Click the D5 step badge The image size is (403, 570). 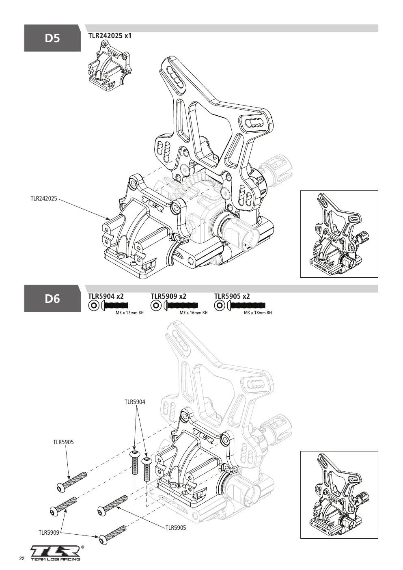(x=52, y=38)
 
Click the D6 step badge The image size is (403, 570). (x=52, y=298)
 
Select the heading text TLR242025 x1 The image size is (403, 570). (x=110, y=36)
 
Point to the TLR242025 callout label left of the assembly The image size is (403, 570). (x=44, y=199)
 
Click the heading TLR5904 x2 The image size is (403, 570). (x=106, y=296)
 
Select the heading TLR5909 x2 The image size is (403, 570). (x=168, y=296)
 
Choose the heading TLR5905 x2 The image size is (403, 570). (x=232, y=296)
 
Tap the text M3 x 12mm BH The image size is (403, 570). (x=130, y=313)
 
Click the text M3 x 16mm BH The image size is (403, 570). (x=194, y=313)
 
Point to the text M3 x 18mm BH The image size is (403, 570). (x=258, y=313)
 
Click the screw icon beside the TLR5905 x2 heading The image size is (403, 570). (x=246, y=305)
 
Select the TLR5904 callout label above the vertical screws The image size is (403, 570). (x=135, y=402)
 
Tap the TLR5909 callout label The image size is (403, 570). (x=49, y=533)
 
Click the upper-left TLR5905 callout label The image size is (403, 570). (x=63, y=442)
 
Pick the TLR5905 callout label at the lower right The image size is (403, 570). (x=176, y=528)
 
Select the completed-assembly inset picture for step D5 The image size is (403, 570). (x=339, y=234)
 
